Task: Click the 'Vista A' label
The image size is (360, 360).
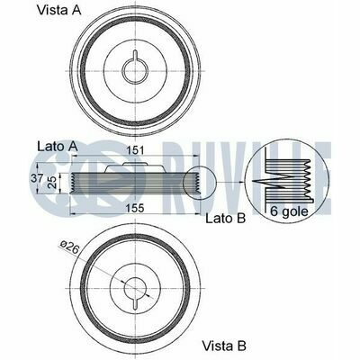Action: tap(58, 11)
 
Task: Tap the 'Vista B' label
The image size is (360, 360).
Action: tap(224, 346)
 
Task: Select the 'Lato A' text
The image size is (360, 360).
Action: tap(58, 147)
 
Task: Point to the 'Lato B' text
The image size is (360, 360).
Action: tap(226, 218)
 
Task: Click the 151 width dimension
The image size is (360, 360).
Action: tap(135, 150)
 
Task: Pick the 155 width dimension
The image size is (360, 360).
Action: tap(135, 208)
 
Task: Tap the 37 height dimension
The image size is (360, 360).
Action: tap(37, 178)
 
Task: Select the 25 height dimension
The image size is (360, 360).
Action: tap(52, 183)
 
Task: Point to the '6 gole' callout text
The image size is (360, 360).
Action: tap(289, 211)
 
